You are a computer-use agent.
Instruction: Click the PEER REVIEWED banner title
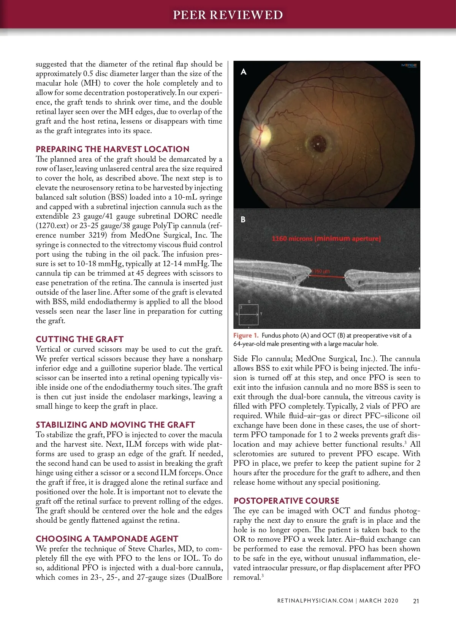tap(228, 15)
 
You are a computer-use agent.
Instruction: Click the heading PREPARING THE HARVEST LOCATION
tap(112, 149)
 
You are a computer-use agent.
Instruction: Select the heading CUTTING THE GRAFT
tap(80, 339)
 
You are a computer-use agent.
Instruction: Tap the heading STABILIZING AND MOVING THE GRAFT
tap(115, 425)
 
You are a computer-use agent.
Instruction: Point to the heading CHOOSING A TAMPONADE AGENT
tap(107, 539)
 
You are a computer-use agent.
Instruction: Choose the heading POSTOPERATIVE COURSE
tap(287, 501)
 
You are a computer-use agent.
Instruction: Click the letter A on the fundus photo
tap(244, 71)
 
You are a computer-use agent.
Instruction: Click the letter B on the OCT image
tap(243, 219)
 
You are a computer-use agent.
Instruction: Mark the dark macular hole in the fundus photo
tap(317, 144)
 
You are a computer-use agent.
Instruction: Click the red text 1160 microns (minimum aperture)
tap(326, 239)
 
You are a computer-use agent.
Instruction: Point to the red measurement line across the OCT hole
tap(328, 277)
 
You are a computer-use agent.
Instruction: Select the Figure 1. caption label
tap(246, 335)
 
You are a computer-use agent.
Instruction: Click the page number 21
tap(416, 601)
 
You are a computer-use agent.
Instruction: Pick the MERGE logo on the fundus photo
tap(409, 65)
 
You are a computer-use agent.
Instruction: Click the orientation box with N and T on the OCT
tap(249, 314)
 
